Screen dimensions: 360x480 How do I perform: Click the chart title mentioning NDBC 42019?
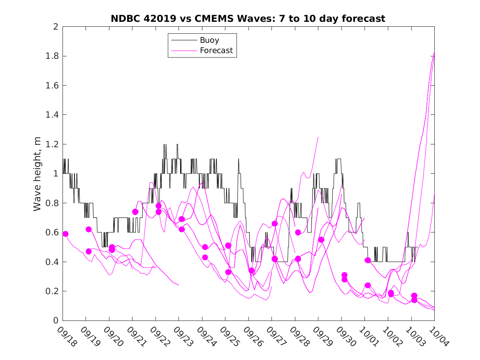click(248, 19)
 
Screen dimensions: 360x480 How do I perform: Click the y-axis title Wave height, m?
click(37, 174)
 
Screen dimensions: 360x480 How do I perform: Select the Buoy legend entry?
click(209, 40)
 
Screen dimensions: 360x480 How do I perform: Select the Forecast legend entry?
click(216, 51)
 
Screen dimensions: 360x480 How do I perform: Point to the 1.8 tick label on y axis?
click(51, 56)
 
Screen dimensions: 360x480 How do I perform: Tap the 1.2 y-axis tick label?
click(51, 144)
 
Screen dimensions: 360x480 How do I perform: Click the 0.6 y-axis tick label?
click(51, 232)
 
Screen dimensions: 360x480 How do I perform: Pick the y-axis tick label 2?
click(55, 27)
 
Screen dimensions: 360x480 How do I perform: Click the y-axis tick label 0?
click(55, 321)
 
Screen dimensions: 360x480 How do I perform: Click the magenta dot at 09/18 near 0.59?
click(65, 234)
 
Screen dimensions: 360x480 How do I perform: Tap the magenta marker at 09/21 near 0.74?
click(135, 212)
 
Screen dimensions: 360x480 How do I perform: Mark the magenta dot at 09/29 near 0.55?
click(321, 239)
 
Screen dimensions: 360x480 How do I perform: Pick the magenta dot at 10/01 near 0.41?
click(368, 260)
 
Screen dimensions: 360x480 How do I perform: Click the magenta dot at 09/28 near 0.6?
click(298, 232)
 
